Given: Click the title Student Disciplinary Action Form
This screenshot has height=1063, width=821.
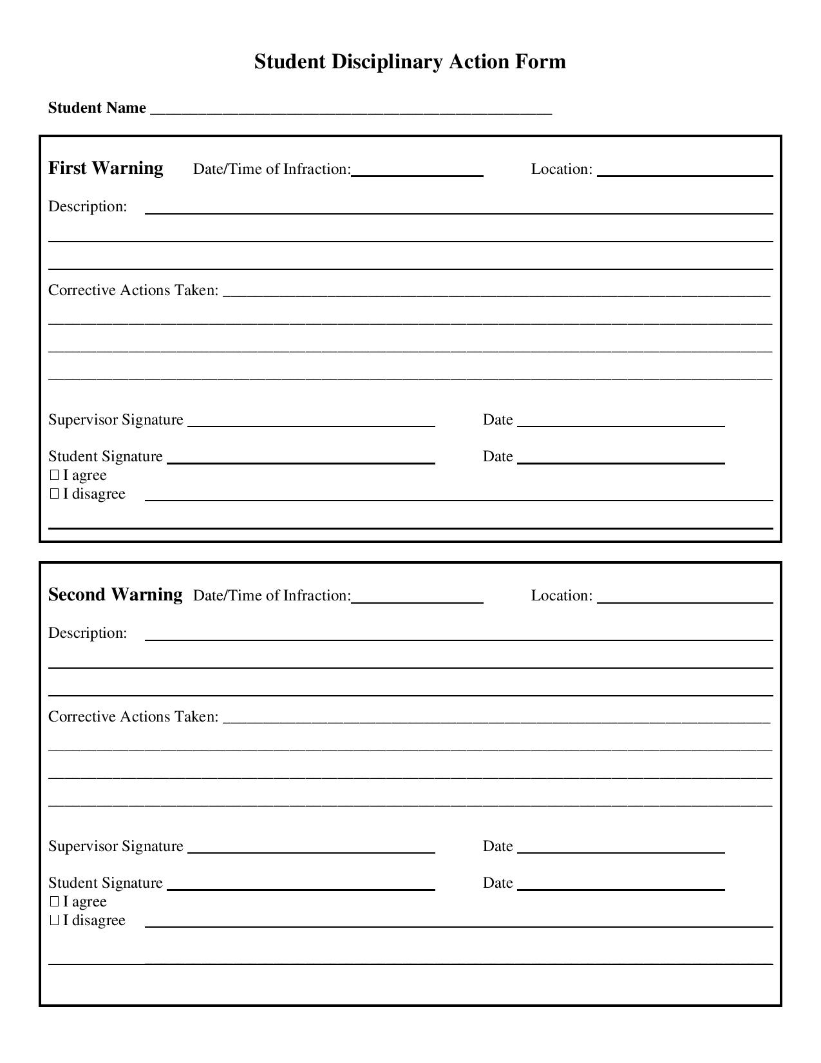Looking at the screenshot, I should pos(410,62).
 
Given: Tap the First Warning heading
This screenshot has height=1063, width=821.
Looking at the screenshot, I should pos(106,168).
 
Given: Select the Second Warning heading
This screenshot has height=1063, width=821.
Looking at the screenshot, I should pos(115,595).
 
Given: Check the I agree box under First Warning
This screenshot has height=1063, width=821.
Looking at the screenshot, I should pos(54,475).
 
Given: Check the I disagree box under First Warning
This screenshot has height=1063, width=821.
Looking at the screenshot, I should pos(54,494).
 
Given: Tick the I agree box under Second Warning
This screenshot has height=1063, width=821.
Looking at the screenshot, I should pos(54,902).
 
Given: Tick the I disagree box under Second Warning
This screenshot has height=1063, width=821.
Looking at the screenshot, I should pos(54,921).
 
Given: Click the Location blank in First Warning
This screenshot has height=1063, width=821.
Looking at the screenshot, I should pos(684,170).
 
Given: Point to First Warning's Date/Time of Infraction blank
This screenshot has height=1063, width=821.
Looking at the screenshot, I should pos(417,170).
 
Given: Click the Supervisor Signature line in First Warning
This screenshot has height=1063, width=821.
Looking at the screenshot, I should pos(311,421).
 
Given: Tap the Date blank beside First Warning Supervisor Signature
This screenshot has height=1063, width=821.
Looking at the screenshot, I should pos(621,421).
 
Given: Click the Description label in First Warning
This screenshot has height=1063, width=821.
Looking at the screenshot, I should pos(88,207).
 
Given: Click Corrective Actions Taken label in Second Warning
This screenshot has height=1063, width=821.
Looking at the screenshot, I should pos(133,717).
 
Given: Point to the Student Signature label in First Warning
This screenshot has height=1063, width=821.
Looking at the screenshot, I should pos(106,457).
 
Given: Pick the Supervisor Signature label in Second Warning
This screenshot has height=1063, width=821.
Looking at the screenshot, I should pos(116,847).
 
